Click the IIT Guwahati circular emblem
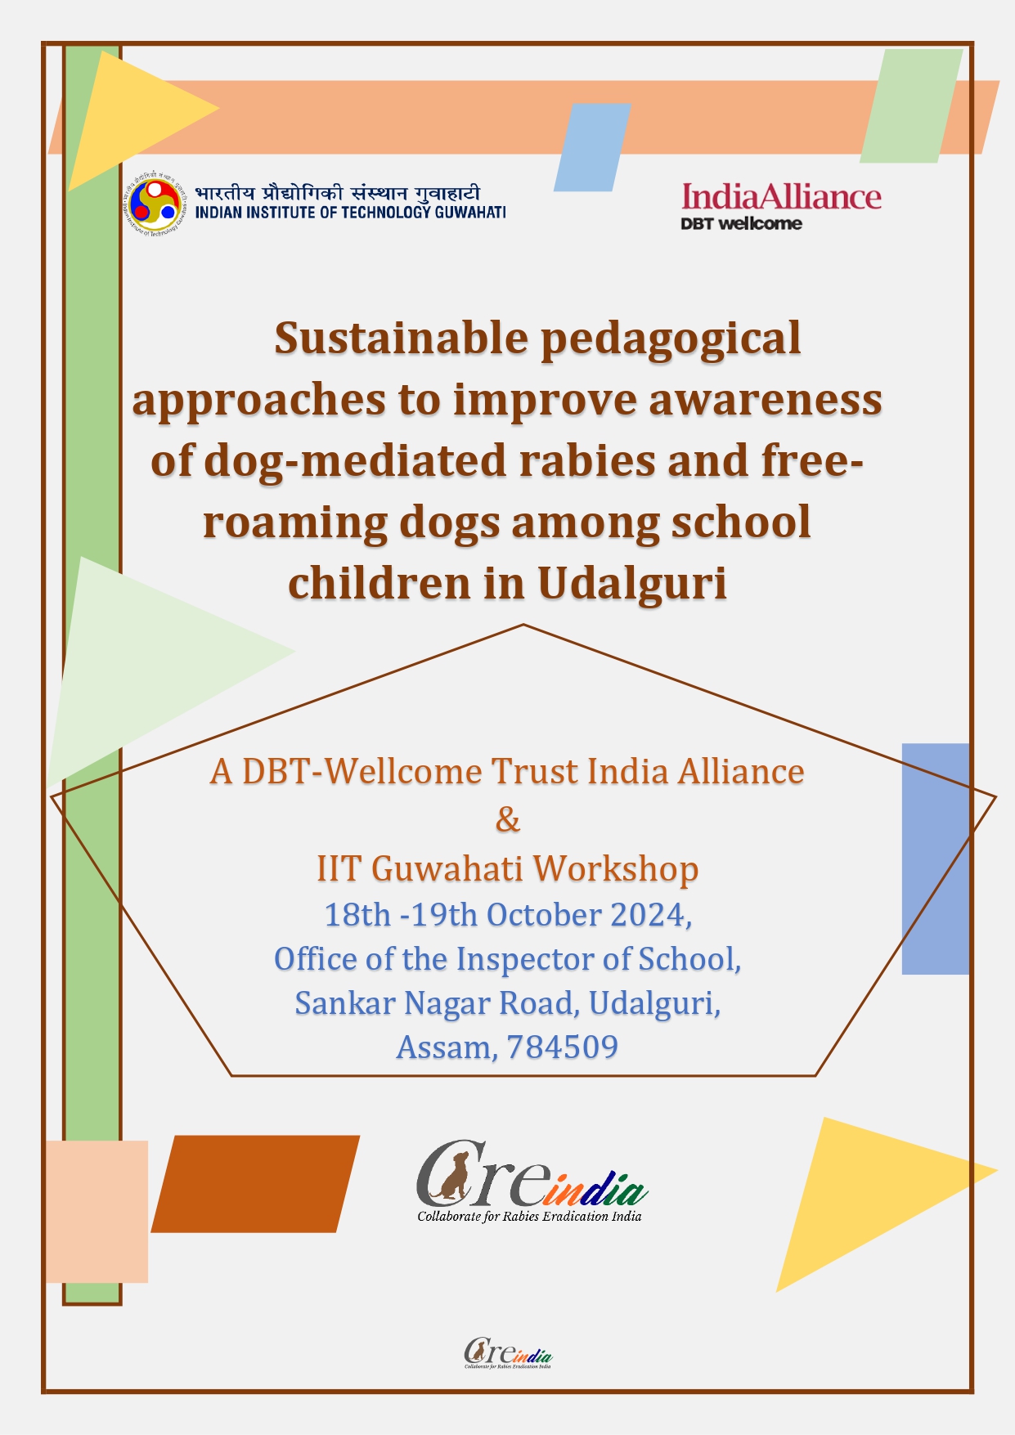155,201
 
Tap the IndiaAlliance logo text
781,197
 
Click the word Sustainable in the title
401,338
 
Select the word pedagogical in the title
671,339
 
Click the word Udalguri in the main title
632,584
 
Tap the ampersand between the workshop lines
508,818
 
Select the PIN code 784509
563,1047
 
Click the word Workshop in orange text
616,868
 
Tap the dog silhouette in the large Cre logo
451,1175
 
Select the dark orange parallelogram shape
255,1184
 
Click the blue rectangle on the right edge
936,859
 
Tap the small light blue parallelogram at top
592,147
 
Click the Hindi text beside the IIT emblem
337,193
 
